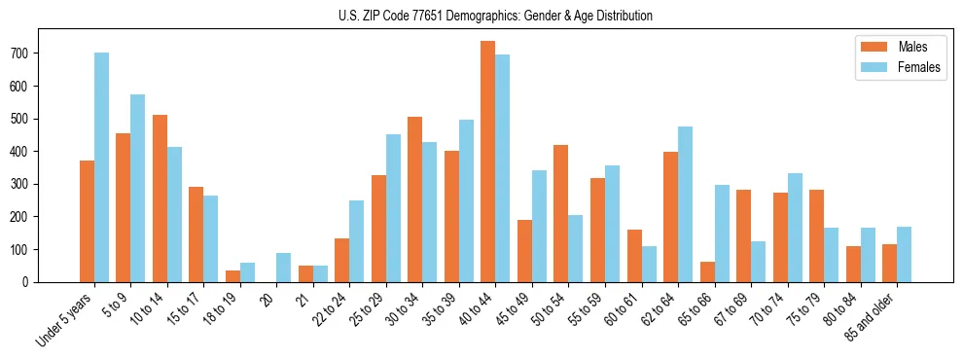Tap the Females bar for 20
pos(284,268)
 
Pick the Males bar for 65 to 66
pos(707,271)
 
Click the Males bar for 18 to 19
pos(232,276)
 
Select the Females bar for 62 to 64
pos(685,204)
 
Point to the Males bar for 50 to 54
pos(561,213)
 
